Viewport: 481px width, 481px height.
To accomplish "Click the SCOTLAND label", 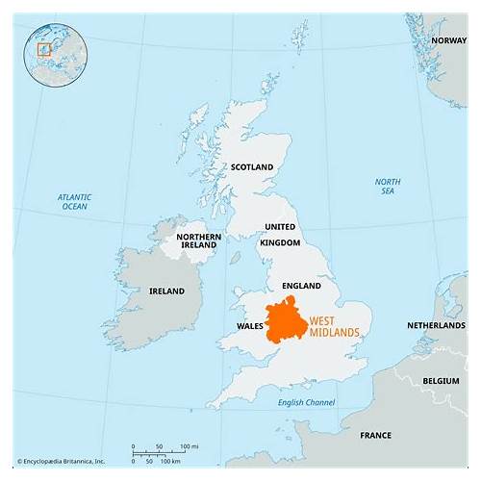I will click(x=252, y=166).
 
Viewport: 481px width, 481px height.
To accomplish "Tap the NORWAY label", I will click(x=448, y=40).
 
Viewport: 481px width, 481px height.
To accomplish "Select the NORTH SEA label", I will click(x=388, y=186).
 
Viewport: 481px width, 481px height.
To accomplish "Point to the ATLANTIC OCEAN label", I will click(x=74, y=201).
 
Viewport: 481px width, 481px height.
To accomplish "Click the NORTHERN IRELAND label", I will click(x=198, y=240).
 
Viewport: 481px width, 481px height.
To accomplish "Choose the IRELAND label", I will click(x=168, y=291).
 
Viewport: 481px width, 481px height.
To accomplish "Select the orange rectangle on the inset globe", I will click(x=43, y=48).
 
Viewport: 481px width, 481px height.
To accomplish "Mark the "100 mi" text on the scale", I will click(x=189, y=446).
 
